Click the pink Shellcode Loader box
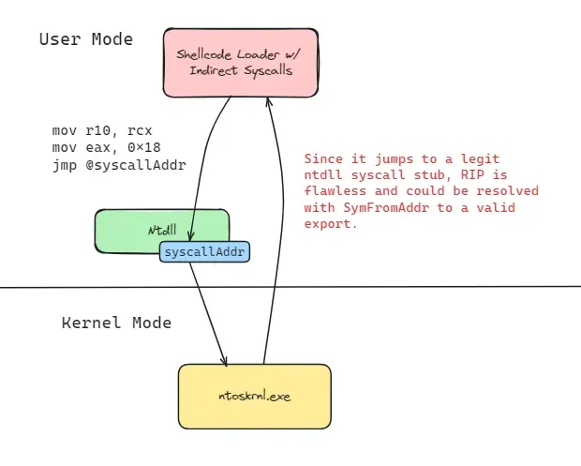[241, 63]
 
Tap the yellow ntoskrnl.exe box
[255, 397]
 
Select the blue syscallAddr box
[204, 251]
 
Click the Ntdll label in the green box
[162, 230]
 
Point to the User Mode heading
[86, 39]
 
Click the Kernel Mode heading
[116, 323]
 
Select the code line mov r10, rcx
[102, 130]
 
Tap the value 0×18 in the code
[144, 147]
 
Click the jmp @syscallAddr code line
[119, 165]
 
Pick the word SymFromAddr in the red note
[386, 207]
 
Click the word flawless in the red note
[335, 191]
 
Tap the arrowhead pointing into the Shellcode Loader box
[269, 101]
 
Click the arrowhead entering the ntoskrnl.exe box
[224, 361]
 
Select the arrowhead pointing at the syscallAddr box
[190, 236]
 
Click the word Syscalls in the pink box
[268, 71]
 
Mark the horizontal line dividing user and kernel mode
[290, 287]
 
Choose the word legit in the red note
[480, 159]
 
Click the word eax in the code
[98, 148]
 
